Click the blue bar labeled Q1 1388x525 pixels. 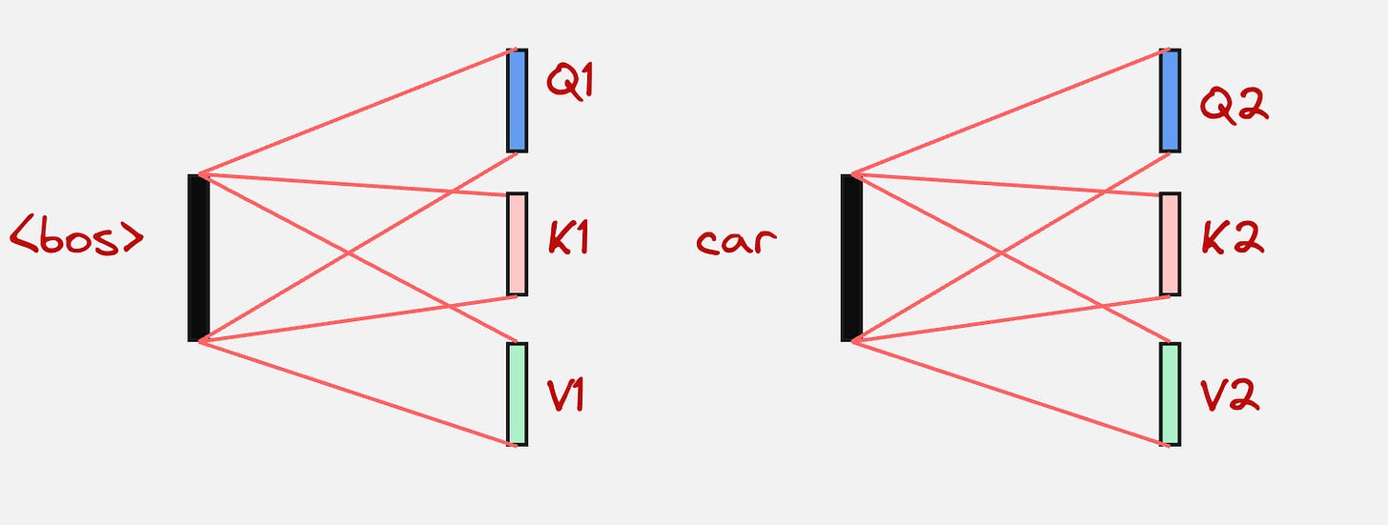[517, 100]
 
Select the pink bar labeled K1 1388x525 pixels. [517, 244]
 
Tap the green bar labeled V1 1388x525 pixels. [517, 394]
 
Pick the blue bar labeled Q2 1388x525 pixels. [1170, 100]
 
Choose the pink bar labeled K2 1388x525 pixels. [1170, 244]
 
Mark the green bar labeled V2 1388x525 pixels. [1170, 394]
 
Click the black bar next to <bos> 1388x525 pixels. [198, 257]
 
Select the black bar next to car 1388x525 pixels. [851, 257]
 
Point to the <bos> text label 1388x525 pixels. [76, 237]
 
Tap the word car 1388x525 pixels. [736, 241]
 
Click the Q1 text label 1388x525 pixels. [570, 82]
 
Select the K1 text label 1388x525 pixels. [568, 238]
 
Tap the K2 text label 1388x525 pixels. [1233, 238]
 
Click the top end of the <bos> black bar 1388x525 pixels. [198, 177]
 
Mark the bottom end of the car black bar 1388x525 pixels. [851, 337]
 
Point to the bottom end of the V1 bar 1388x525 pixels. [517, 442]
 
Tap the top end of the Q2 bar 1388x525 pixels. [1170, 52]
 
